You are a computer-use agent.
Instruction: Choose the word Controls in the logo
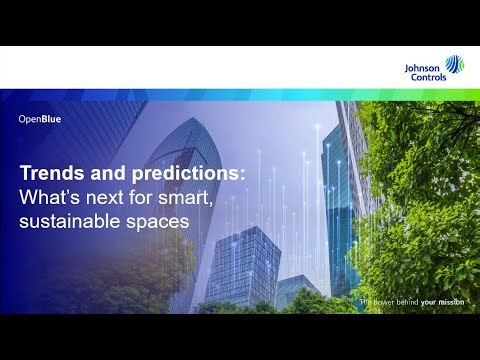click(421, 75)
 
